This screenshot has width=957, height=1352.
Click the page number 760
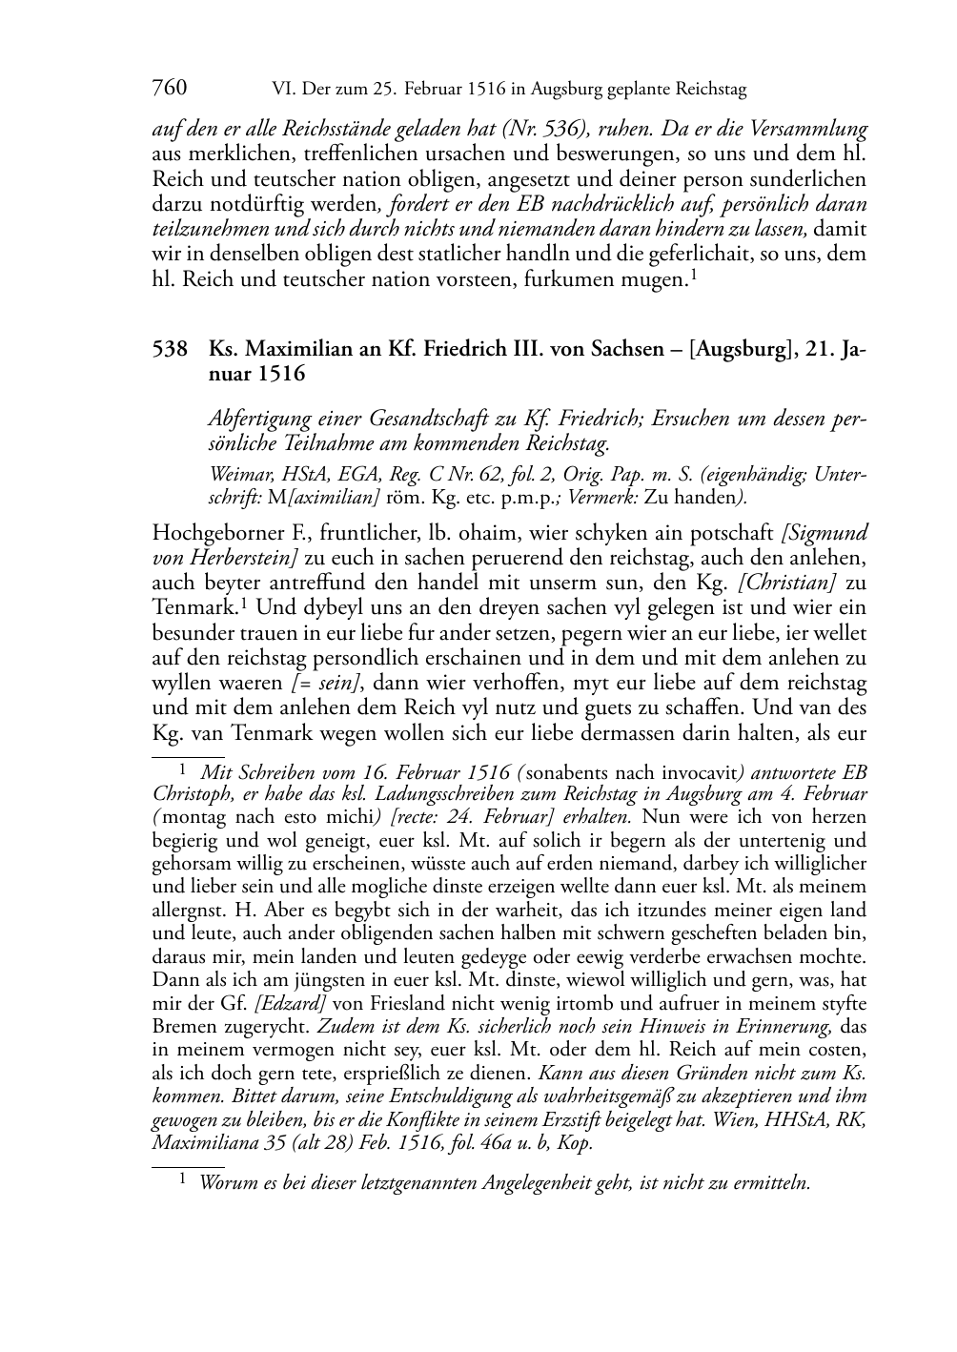click(x=170, y=89)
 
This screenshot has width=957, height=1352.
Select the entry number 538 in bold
click(x=170, y=350)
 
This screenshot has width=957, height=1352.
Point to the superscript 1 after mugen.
click(x=694, y=275)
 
